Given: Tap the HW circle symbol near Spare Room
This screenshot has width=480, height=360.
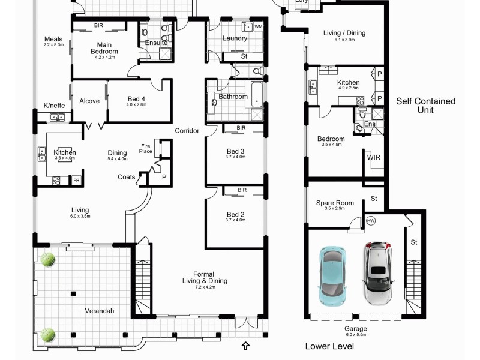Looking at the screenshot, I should pyautogui.click(x=371, y=221).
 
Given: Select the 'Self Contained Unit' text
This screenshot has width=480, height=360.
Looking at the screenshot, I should pyautogui.click(x=425, y=106).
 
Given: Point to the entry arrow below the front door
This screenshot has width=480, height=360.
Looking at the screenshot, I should pyautogui.click(x=245, y=345).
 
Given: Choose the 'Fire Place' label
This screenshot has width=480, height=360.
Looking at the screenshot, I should pyautogui.click(x=145, y=148).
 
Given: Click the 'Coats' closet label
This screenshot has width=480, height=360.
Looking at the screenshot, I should pyautogui.click(x=126, y=177).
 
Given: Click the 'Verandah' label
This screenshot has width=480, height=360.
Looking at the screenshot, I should pyautogui.click(x=98, y=311).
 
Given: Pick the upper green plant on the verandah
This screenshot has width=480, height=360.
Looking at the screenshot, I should pyautogui.click(x=47, y=259).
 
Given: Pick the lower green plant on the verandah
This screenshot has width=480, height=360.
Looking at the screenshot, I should pyautogui.click(x=48, y=334).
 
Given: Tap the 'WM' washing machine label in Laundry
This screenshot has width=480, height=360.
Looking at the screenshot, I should pyautogui.click(x=258, y=27).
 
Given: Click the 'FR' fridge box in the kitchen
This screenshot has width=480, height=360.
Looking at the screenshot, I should pyautogui.click(x=76, y=180).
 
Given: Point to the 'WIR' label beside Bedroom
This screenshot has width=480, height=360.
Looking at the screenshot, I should pyautogui.click(x=373, y=158).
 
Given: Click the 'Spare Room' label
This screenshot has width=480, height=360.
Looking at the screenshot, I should pyautogui.click(x=335, y=203).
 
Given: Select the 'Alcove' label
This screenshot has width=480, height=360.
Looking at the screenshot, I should pyautogui.click(x=89, y=101).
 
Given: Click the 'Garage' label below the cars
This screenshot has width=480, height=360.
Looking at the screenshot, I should pyautogui.click(x=355, y=329).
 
